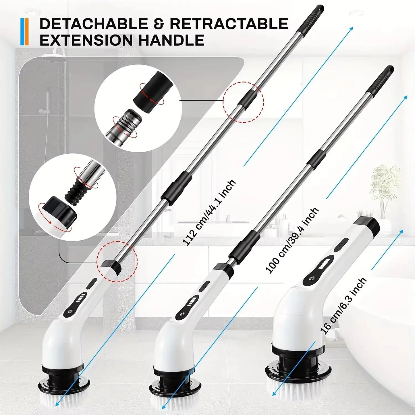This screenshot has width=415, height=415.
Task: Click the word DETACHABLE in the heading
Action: (x=92, y=24)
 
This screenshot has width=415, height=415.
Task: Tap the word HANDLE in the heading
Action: (x=171, y=40)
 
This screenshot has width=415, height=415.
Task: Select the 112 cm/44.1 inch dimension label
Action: (x=209, y=213)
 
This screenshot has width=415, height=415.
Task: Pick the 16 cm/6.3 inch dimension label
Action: (x=344, y=306)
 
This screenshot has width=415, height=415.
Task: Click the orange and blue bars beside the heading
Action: (x=25, y=32)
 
